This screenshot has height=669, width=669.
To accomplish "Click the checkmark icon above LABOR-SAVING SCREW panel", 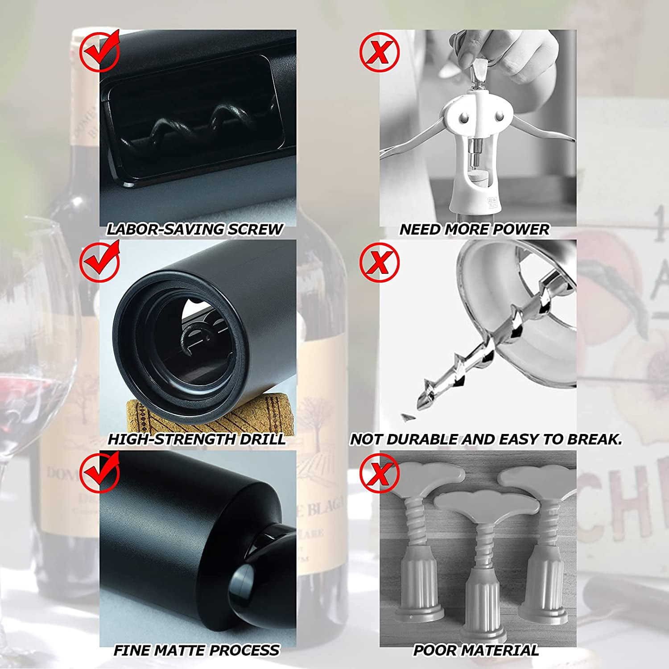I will pos(99,51).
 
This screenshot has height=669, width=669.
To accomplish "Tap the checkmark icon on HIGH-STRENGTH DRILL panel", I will pos(99,261).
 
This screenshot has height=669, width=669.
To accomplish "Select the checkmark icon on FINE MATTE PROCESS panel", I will pos(99,472).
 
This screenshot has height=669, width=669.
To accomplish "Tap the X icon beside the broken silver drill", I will pos(379,262).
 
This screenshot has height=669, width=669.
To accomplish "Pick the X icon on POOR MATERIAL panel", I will pos(379,473).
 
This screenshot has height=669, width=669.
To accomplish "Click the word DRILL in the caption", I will pos(262,439).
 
